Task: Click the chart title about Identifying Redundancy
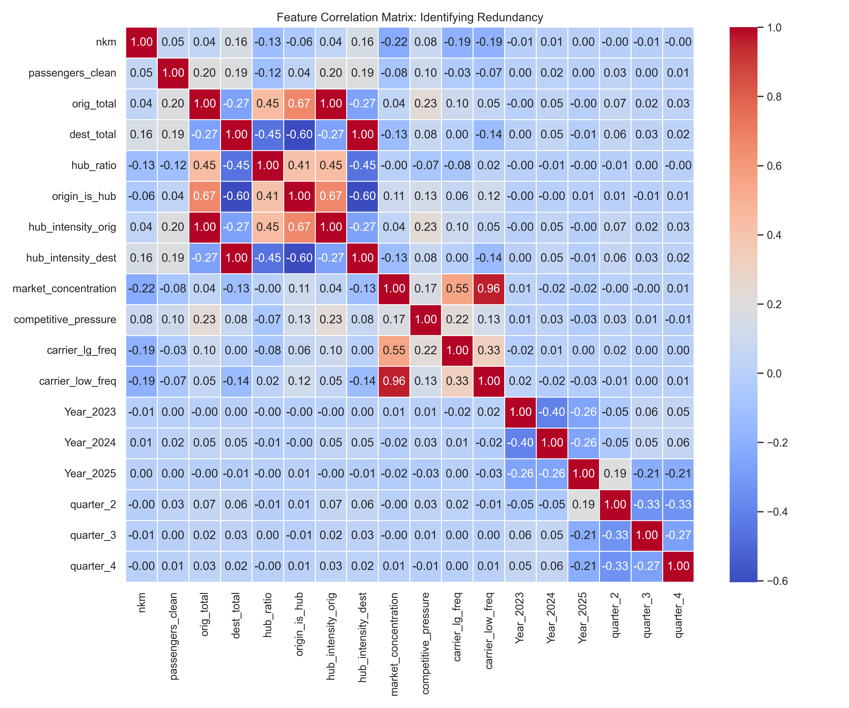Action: point(410,17)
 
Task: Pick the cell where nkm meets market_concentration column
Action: point(394,42)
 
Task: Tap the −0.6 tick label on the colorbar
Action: point(777,581)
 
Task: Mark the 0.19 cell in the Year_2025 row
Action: point(615,474)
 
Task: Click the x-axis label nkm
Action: point(141,603)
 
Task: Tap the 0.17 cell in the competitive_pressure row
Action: point(394,320)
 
